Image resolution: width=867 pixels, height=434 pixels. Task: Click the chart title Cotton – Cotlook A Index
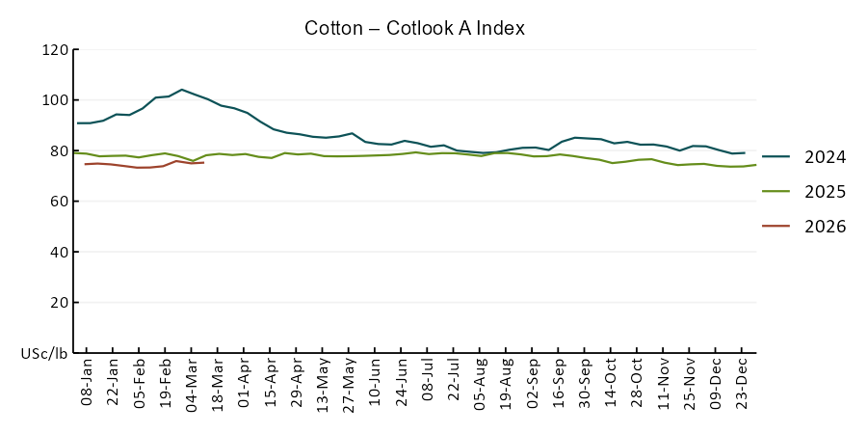pyautogui.click(x=414, y=28)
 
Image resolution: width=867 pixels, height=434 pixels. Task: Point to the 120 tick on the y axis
pyautogui.click(x=55, y=50)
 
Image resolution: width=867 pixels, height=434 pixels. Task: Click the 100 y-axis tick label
pyautogui.click(x=55, y=100)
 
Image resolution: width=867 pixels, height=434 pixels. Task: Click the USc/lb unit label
pyautogui.click(x=44, y=354)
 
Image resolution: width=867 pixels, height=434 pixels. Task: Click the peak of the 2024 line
pyautogui.click(x=182, y=90)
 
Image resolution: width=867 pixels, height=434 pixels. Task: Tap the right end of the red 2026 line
pyautogui.click(x=203, y=162)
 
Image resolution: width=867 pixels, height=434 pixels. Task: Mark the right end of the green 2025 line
pyautogui.click(x=756, y=165)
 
